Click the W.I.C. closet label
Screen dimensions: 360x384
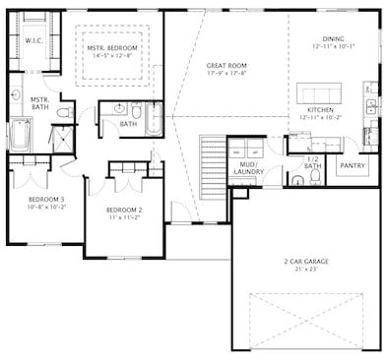pos(32,41)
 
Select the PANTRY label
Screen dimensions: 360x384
pos(352,166)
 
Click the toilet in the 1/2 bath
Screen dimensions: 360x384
pos(299,180)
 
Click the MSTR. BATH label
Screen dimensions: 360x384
pos(39,103)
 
